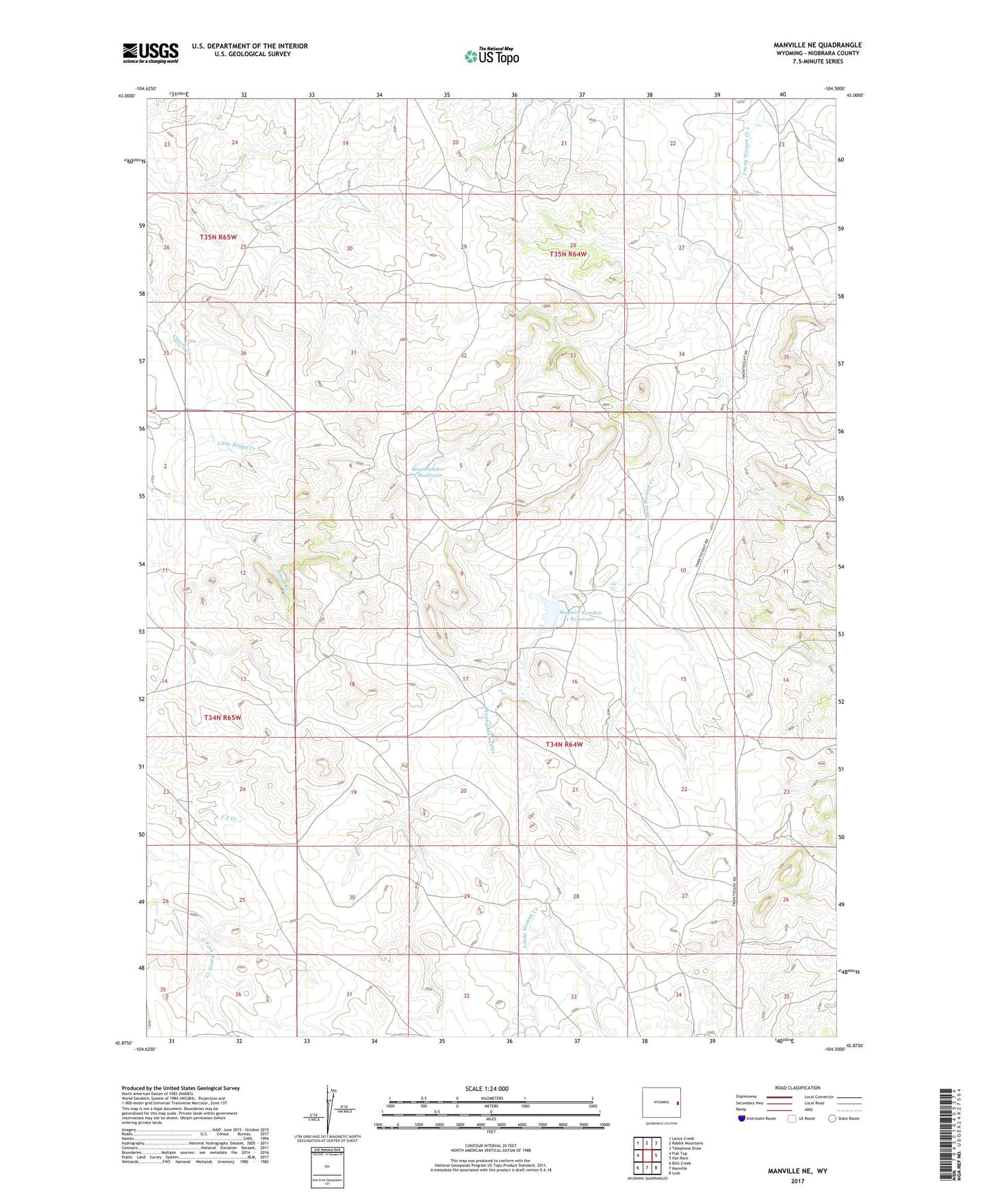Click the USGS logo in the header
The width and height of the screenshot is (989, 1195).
(x=151, y=53)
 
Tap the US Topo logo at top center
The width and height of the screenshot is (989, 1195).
(x=491, y=56)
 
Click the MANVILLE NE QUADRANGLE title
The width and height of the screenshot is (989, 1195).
(x=818, y=45)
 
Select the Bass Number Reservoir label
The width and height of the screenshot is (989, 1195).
(x=428, y=472)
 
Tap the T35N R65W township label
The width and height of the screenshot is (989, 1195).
(x=218, y=237)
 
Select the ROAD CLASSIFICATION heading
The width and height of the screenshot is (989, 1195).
(x=798, y=1088)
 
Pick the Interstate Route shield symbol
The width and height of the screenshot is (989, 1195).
(x=741, y=1118)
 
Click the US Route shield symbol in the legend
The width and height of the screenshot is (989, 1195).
(x=793, y=1118)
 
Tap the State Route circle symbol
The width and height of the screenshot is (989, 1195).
(x=832, y=1118)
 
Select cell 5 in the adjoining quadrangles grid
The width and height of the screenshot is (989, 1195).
(x=656, y=1155)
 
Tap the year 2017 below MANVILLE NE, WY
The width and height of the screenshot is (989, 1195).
(x=797, y=1181)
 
